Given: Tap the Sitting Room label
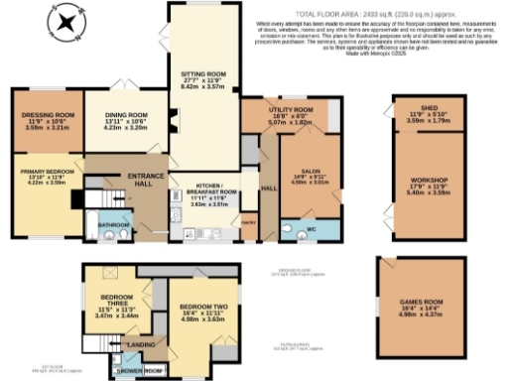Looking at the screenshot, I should point(195,73).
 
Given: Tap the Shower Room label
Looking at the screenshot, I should point(142,373).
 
